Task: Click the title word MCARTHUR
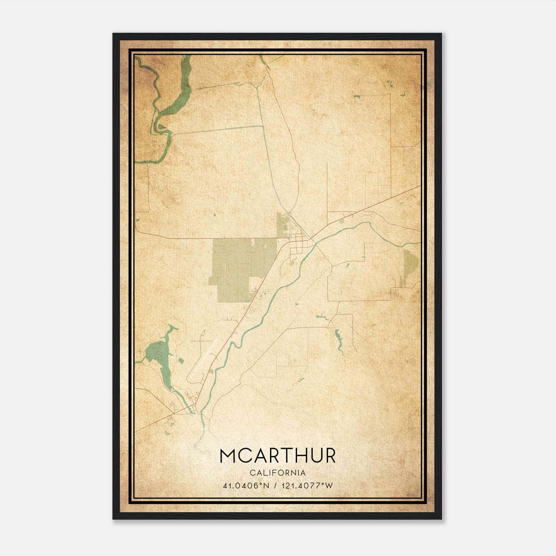(x=278, y=456)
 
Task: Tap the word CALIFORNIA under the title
(x=278, y=473)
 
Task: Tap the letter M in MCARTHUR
(x=229, y=456)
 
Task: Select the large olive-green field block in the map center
(x=236, y=268)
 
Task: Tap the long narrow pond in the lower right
(x=338, y=337)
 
